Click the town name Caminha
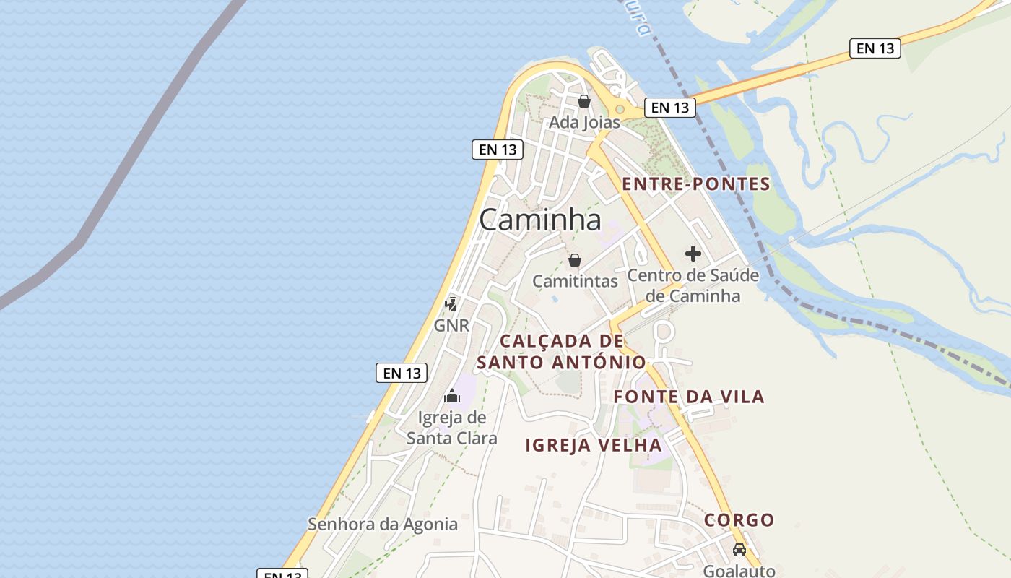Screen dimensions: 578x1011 539,220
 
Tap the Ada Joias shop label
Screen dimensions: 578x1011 584,122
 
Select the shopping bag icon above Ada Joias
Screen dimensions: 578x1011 584,101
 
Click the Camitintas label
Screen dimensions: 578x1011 575,281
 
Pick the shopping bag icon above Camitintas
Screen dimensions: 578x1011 575,260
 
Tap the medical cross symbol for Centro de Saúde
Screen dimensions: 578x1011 693,254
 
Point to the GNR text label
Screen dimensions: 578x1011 451,325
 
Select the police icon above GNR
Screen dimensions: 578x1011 451,303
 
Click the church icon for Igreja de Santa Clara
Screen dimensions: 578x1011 452,396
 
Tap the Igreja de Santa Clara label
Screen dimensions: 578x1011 452,428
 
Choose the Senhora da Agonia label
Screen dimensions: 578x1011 383,524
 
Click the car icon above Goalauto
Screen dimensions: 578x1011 739,550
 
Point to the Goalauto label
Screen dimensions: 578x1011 739,571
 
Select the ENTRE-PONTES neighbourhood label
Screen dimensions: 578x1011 696,184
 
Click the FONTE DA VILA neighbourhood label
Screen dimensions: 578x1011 689,397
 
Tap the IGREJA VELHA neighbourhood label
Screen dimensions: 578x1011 594,445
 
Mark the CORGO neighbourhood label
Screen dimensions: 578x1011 739,520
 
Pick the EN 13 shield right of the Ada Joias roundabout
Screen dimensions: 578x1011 670,108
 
